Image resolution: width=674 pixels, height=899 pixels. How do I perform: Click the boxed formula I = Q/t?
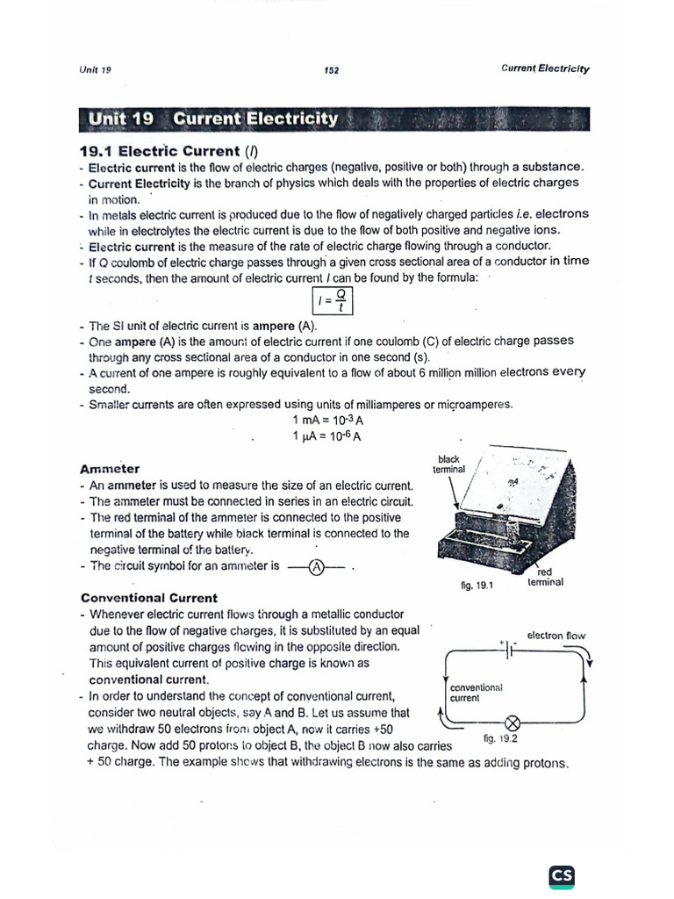334,303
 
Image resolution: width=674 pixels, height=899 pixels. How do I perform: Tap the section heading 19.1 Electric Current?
167,151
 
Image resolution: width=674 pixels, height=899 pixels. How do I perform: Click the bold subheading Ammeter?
110,469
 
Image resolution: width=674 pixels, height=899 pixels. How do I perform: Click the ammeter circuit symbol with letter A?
318,566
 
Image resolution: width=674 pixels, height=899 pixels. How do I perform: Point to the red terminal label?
545,576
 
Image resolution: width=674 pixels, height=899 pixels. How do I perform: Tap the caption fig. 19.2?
500,738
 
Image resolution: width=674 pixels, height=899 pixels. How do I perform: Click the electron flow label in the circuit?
556,635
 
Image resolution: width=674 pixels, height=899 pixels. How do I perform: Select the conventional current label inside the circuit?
475,692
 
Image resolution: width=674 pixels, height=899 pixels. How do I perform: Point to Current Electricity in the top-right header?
545,68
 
